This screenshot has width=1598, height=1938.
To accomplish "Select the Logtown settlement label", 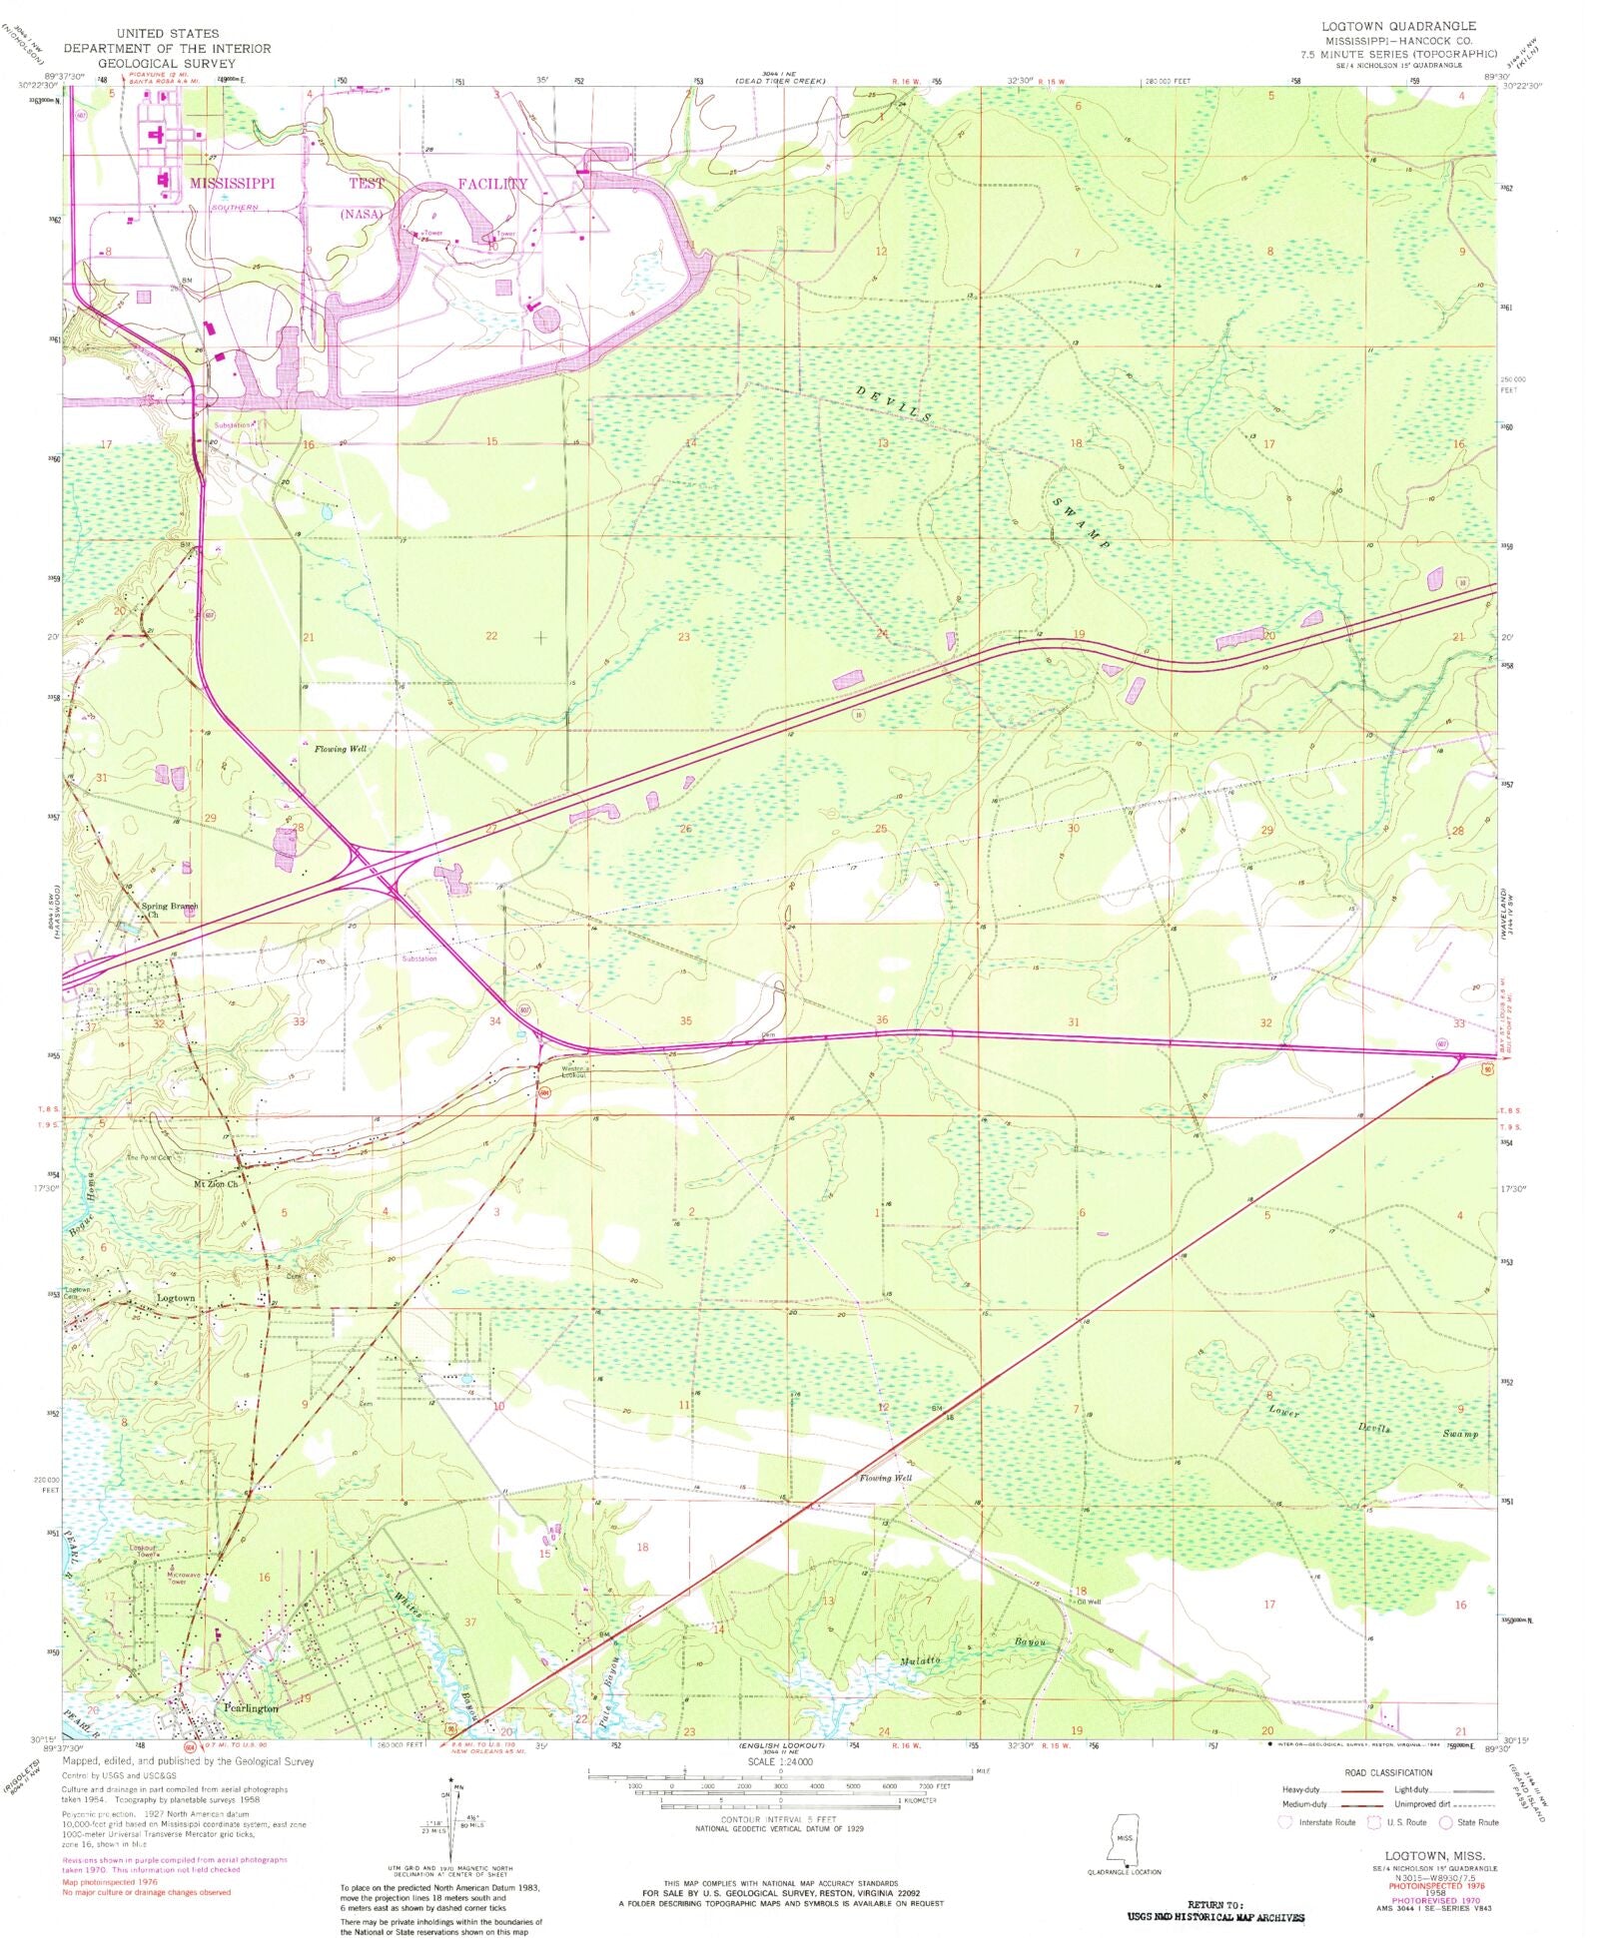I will (176, 1298).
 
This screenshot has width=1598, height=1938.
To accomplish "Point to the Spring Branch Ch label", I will (169, 908).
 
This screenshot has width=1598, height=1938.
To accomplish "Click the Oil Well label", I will (1088, 1602).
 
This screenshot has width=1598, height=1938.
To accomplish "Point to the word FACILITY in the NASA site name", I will (492, 184).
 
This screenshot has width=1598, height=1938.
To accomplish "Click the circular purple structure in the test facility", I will (546, 321).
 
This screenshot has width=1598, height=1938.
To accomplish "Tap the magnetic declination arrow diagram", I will (454, 1819).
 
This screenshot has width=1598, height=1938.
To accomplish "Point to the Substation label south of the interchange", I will (419, 959).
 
